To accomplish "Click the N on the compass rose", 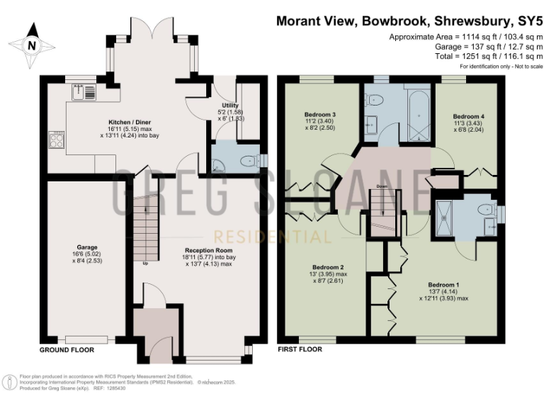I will (30, 45).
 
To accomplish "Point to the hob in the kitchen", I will (57, 140).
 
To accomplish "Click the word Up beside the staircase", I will (145, 263).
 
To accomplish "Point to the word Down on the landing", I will (381, 188).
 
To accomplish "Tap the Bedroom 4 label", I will (469, 115).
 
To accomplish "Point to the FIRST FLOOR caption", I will (300, 349).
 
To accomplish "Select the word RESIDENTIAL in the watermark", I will (272, 236).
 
